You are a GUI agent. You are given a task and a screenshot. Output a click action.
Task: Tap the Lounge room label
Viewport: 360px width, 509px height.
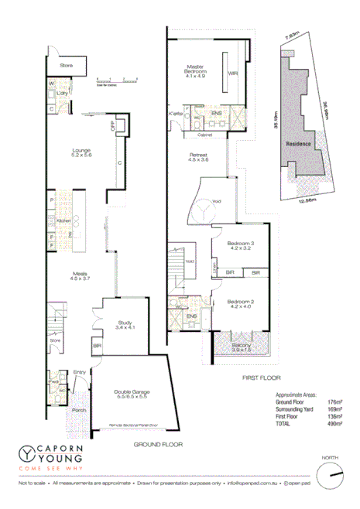[x=81, y=152]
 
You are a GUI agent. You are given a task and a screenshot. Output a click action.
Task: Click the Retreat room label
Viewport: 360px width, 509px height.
[x=198, y=158]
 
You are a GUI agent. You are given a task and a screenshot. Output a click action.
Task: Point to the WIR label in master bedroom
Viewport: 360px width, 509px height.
[x=231, y=74]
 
